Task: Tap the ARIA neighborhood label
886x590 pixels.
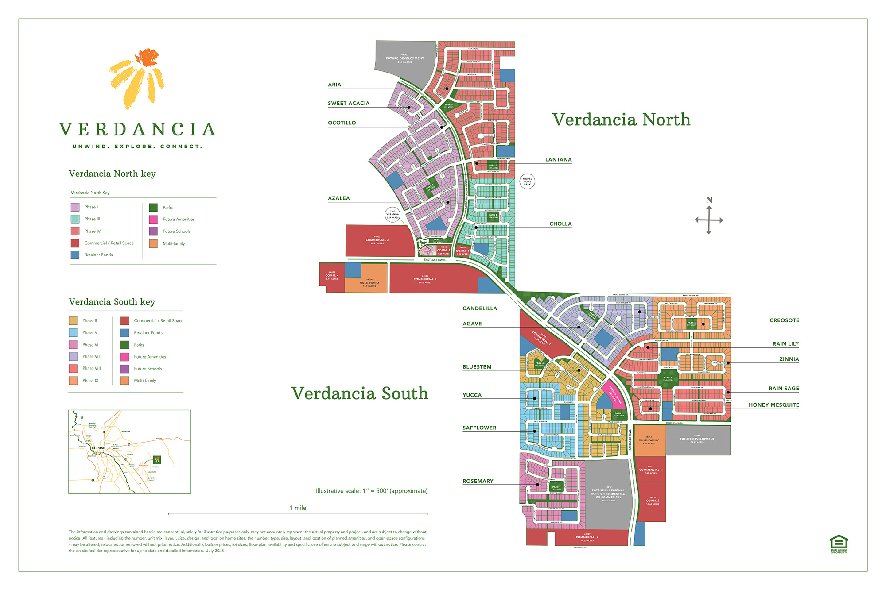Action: tap(334, 85)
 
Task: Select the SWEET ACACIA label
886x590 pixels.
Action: tap(349, 104)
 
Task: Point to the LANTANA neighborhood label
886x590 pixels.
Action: tap(558, 160)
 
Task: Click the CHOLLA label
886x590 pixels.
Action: tap(560, 224)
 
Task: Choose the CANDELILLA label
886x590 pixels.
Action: tap(480, 308)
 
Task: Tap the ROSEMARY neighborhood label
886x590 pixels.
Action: tap(478, 481)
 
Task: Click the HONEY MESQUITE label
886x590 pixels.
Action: tap(774, 405)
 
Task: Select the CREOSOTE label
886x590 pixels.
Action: tap(784, 320)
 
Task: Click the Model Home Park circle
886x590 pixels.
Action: tap(527, 181)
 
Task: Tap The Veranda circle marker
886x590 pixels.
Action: tap(392, 215)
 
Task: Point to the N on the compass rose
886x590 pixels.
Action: tap(709, 201)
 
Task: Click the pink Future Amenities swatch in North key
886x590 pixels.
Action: tap(153, 220)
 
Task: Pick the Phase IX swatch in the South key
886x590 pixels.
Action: tap(73, 381)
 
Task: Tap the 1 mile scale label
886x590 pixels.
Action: tap(298, 508)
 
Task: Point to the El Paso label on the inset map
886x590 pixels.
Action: tap(98, 448)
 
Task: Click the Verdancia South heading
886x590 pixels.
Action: tap(359, 393)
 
